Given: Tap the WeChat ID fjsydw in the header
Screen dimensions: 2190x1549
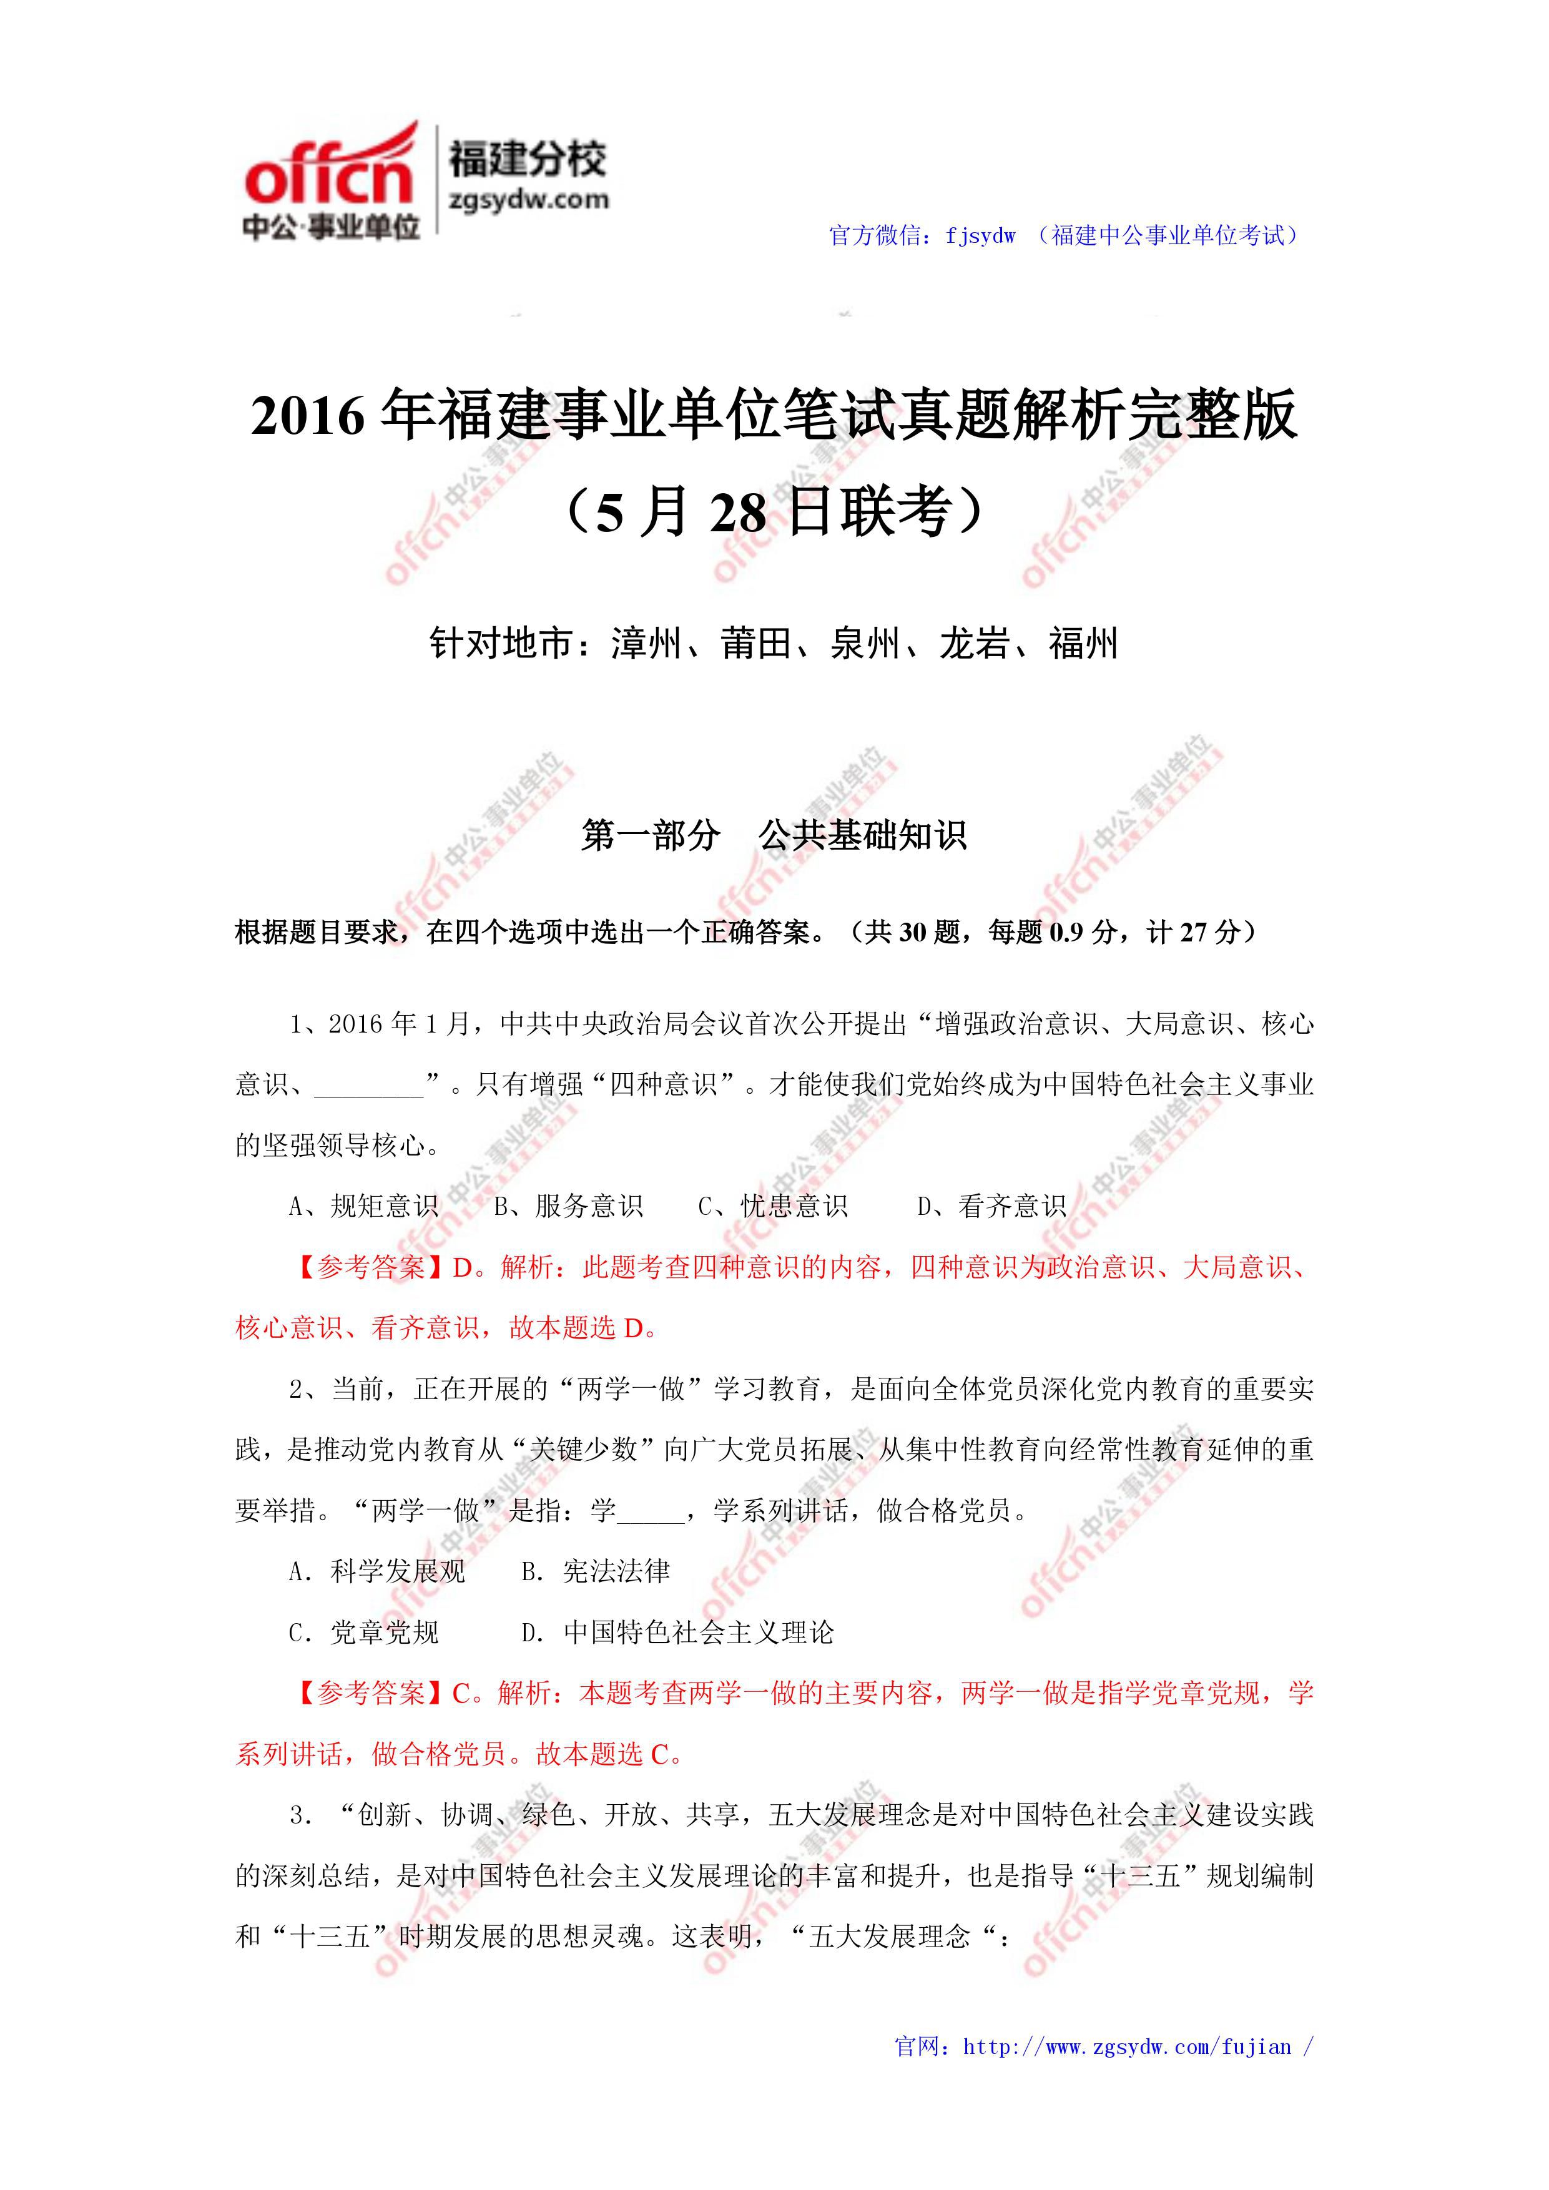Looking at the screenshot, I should click(980, 235).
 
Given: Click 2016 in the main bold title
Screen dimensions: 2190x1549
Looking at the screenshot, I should click(308, 416).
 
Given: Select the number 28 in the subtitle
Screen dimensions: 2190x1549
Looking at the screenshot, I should click(738, 513).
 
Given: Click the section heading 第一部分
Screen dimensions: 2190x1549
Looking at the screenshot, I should click(651, 835).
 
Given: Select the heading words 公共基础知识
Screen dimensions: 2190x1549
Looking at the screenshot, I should click(862, 835).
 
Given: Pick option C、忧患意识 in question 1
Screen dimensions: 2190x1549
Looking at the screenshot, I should click(772, 1207).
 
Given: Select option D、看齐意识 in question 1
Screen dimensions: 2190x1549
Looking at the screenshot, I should click(992, 1207).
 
